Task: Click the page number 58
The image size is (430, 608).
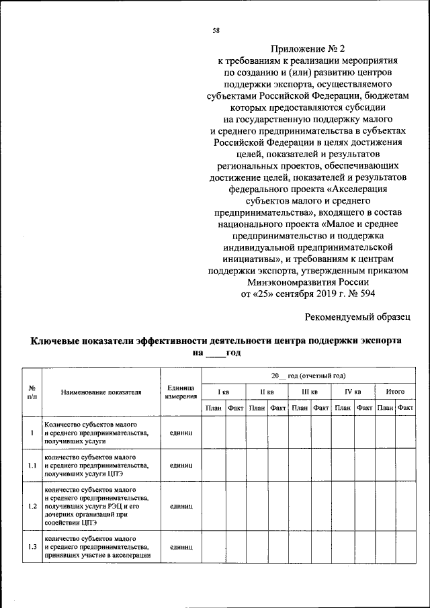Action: [x=216, y=31]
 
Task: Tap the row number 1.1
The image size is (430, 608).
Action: [x=32, y=465]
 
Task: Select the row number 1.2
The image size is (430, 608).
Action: [x=32, y=506]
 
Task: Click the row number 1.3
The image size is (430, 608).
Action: [x=32, y=547]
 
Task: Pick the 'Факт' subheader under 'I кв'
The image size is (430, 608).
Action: [x=236, y=408]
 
